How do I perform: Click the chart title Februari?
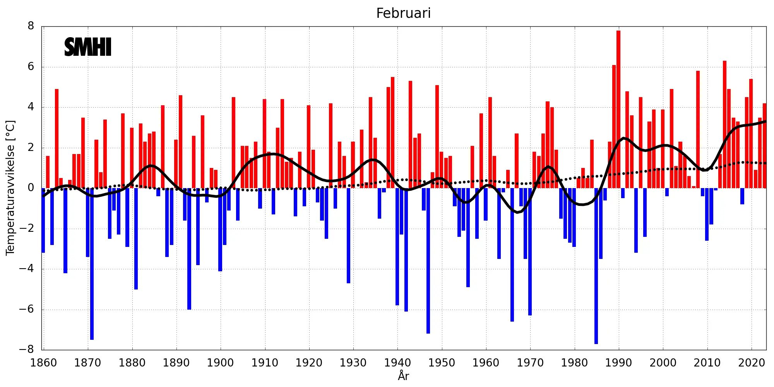coord(403,13)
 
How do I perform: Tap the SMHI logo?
coord(88,47)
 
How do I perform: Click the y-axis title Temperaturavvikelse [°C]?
coord(10,188)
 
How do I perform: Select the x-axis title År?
coord(403,376)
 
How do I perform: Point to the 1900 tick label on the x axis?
coord(220,363)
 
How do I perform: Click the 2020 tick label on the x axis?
coord(751,363)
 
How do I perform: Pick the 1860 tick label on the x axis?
coord(43,363)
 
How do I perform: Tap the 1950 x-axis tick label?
coord(442,363)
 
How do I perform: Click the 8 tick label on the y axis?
coord(31,26)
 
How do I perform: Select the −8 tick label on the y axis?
coord(27,350)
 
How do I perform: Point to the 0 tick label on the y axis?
coord(31,188)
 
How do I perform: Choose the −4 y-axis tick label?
coord(27,269)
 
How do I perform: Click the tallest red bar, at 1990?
coord(618,108)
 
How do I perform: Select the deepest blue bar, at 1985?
coord(596,267)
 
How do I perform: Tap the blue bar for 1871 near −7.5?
coord(92,263)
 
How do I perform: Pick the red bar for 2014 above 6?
coord(724,124)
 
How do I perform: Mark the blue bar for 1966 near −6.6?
coord(512,255)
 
